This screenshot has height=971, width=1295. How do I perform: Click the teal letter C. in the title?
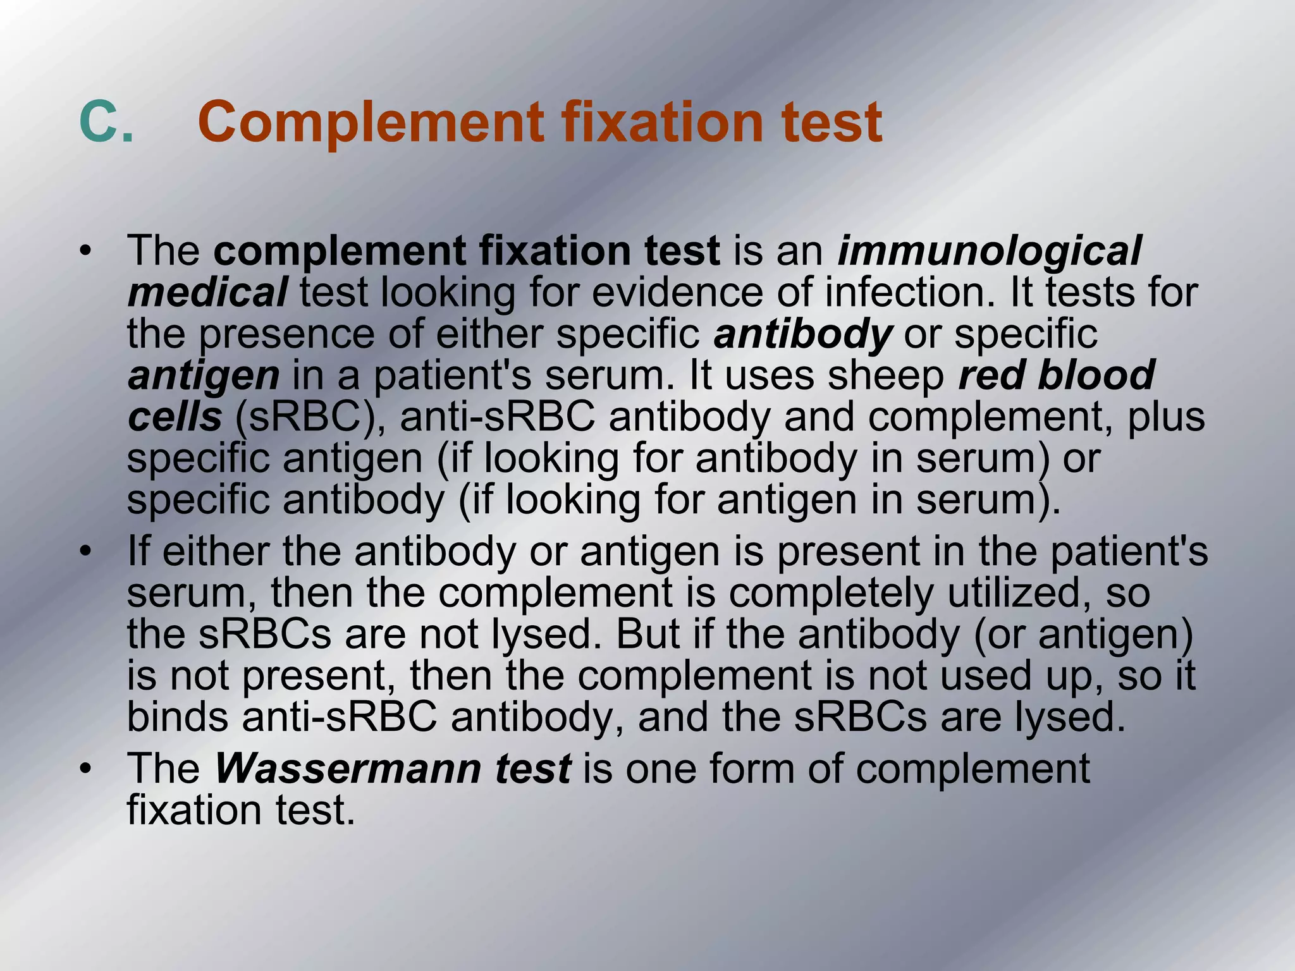click(106, 121)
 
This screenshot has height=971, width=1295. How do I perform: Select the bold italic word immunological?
click(990, 251)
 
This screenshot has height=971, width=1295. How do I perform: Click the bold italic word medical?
click(207, 293)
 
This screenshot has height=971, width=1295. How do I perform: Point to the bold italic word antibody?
click(802, 334)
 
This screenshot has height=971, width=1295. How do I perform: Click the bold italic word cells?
click(175, 417)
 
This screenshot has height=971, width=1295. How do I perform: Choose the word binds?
click(178, 718)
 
